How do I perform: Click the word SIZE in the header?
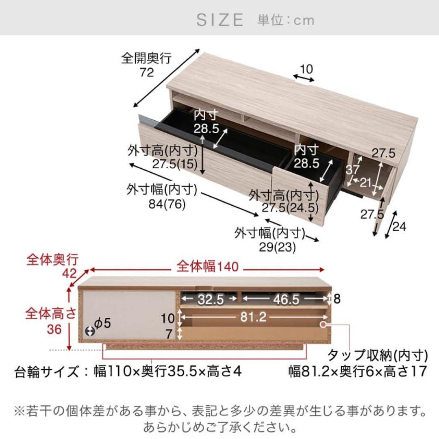tap(220, 20)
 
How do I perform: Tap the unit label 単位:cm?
tap(286, 20)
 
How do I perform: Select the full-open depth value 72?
tap(147, 72)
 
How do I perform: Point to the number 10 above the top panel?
tap(306, 69)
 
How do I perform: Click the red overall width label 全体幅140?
tap(207, 266)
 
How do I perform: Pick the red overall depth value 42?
tap(69, 273)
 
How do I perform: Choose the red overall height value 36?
tap(54, 329)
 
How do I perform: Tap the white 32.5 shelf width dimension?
tap(211, 300)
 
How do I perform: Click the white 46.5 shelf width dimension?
tap(286, 299)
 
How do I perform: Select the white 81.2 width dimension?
tap(253, 317)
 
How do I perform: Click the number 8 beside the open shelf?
tap(337, 299)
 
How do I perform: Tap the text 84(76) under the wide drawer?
tap(167, 204)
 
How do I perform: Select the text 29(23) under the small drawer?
tap(277, 247)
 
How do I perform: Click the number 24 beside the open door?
tap(399, 226)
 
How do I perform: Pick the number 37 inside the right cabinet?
tap(352, 170)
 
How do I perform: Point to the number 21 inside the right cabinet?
tap(365, 183)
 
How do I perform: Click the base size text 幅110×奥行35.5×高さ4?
tap(167, 372)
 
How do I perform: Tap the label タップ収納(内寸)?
tap(378, 356)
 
